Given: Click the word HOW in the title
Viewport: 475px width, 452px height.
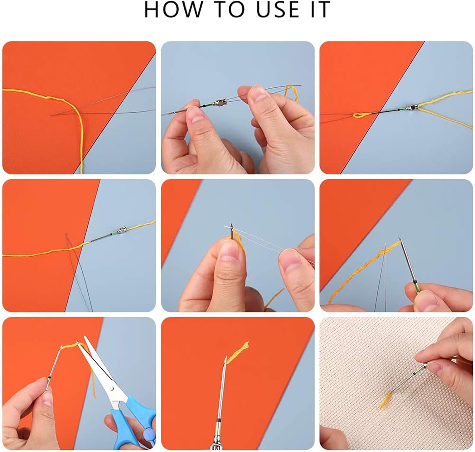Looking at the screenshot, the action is [x=173, y=10].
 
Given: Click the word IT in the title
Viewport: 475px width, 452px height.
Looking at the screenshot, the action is [x=320, y=10].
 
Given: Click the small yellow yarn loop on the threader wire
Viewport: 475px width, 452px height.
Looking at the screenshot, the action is [x=360, y=115].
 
